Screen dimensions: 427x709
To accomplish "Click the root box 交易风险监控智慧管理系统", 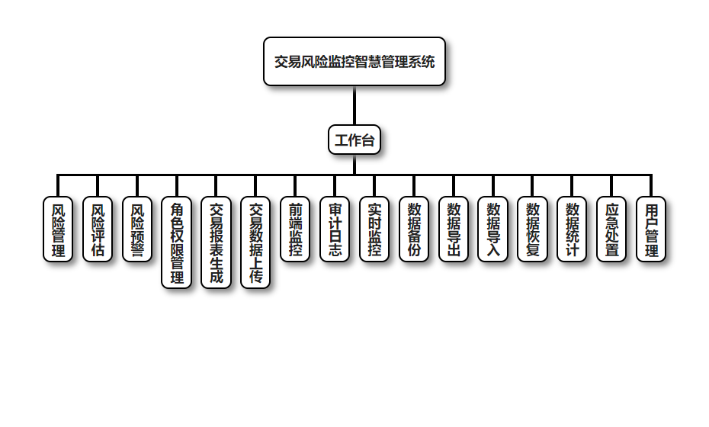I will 354,62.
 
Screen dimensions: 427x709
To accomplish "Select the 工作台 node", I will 354,140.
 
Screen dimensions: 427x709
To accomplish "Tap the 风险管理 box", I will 58,230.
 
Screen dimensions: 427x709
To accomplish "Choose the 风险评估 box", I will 98,230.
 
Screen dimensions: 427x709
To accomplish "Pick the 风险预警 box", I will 137,230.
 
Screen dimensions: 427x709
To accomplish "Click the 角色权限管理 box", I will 177,242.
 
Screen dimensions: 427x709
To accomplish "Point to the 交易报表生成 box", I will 217,242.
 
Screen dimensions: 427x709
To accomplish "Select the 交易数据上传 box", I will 256,242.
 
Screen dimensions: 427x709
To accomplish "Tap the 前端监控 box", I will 296,230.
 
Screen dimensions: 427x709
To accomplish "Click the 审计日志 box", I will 335,230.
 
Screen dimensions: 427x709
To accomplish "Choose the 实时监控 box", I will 374,230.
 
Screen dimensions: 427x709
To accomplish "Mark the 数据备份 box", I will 414,230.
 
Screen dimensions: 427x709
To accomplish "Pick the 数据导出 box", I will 454,230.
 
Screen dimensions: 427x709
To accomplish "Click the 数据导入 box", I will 493,230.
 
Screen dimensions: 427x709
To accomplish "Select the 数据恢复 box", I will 533,230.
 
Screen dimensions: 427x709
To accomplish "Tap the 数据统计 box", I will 572,230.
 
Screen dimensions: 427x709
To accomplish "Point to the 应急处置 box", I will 611,230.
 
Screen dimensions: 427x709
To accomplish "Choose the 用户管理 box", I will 651,230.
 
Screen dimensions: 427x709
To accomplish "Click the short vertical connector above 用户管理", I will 651,186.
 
